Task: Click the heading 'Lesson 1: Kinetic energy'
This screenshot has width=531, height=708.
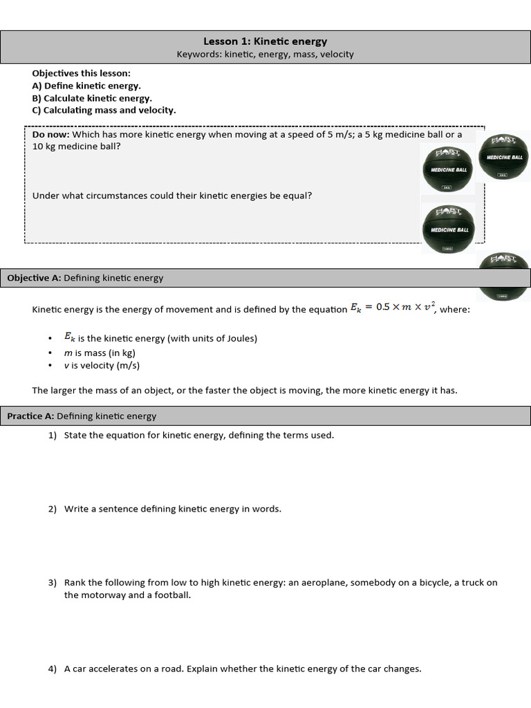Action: (265, 41)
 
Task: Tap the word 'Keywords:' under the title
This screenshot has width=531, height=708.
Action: (199, 54)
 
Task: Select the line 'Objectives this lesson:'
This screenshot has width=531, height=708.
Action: (81, 73)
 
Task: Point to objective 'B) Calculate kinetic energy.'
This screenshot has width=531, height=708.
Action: (92, 98)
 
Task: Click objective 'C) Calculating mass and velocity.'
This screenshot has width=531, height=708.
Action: (104, 110)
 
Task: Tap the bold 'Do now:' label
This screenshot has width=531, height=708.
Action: (50, 135)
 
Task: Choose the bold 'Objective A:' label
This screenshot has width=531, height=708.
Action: (34, 278)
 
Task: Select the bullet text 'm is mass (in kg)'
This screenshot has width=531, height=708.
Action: (100, 353)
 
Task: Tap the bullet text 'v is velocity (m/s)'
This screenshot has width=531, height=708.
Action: (102, 366)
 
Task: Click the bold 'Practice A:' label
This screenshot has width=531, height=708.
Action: (30, 416)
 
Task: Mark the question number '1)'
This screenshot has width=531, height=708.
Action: (53, 436)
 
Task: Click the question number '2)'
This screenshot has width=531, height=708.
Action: (53, 509)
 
